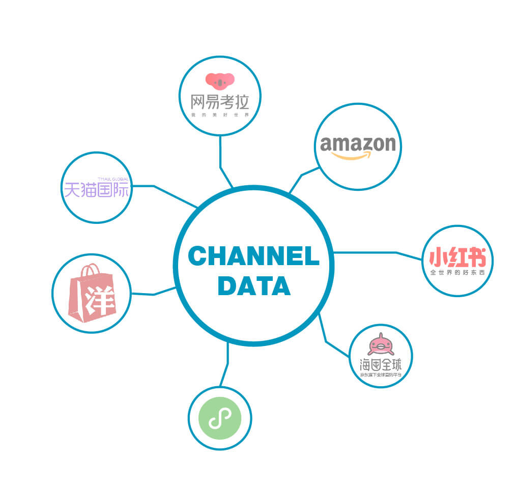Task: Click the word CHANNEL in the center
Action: tap(253, 256)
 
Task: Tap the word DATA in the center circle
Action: tap(253, 285)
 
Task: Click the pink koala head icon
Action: tap(220, 80)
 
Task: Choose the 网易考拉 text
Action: tap(220, 102)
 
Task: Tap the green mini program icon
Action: tap(219, 418)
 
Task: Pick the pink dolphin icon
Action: tap(380, 345)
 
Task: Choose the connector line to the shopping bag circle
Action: tap(153, 294)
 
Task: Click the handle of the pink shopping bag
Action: tap(90, 268)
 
